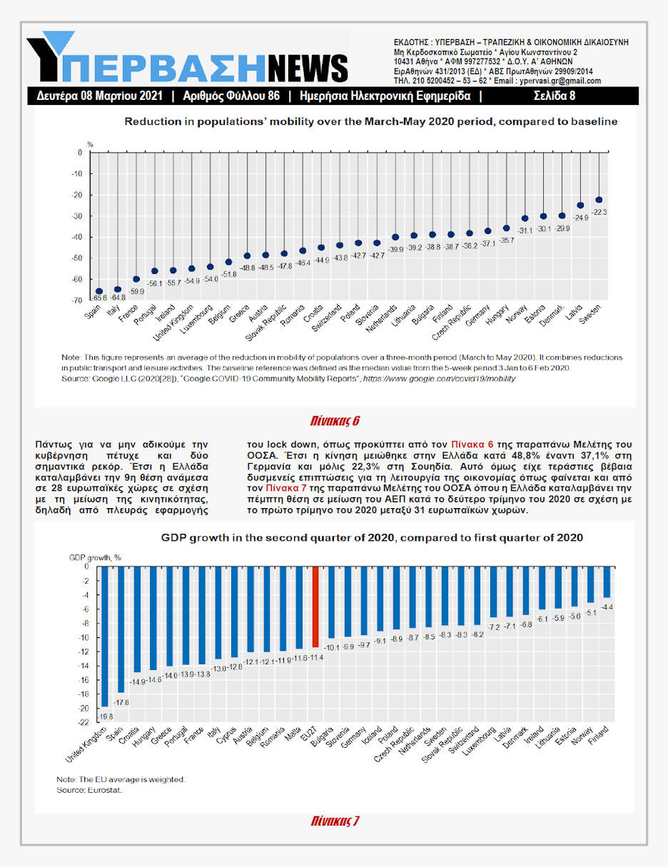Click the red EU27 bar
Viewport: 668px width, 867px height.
point(315,606)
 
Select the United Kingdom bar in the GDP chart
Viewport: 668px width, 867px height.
point(104,635)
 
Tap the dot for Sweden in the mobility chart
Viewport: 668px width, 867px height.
point(599,200)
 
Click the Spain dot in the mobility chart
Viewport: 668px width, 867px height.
point(99,291)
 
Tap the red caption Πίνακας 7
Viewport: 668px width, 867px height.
point(335,821)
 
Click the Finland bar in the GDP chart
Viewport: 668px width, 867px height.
point(607,582)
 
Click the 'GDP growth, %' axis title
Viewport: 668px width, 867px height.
point(95,557)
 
